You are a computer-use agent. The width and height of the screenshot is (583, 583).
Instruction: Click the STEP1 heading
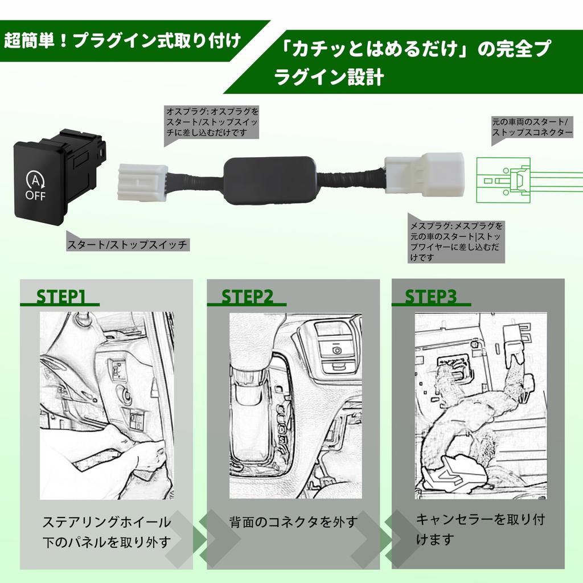coord(61,297)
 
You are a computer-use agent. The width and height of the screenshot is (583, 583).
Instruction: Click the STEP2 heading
coord(247,297)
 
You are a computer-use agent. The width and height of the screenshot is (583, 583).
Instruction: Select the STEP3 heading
coord(430,297)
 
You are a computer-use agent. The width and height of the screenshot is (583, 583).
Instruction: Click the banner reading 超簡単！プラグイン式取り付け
coord(122,42)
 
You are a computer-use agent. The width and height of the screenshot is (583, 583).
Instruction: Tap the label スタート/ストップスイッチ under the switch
coord(127,245)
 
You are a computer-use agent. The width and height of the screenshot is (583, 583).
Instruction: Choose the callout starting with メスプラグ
coord(456,241)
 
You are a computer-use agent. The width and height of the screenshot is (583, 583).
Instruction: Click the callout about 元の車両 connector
coord(532,127)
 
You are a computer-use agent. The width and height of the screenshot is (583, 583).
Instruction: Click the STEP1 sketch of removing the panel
coord(106,405)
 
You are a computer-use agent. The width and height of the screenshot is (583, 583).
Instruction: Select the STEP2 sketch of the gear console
coord(295,405)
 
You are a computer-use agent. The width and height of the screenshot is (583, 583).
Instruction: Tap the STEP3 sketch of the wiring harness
coord(481,405)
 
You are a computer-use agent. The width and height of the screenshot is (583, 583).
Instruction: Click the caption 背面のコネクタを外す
coord(293,521)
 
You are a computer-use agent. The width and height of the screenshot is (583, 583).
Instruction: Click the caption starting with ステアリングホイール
coord(106,531)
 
